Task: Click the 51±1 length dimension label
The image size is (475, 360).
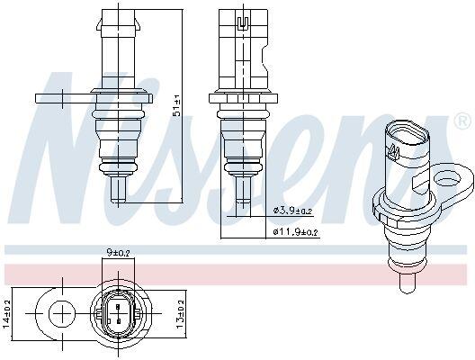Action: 177,106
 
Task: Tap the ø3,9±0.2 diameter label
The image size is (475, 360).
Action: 292,211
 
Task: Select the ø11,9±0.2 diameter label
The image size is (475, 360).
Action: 295,232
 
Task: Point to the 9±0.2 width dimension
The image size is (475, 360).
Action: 118,252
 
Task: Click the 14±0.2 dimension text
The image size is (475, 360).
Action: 6,314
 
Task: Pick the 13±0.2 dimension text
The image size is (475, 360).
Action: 180,314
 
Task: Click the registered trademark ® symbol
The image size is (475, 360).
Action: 462,121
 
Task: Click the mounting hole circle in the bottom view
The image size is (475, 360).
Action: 62,313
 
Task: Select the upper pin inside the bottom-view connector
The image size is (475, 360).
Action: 118,307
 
